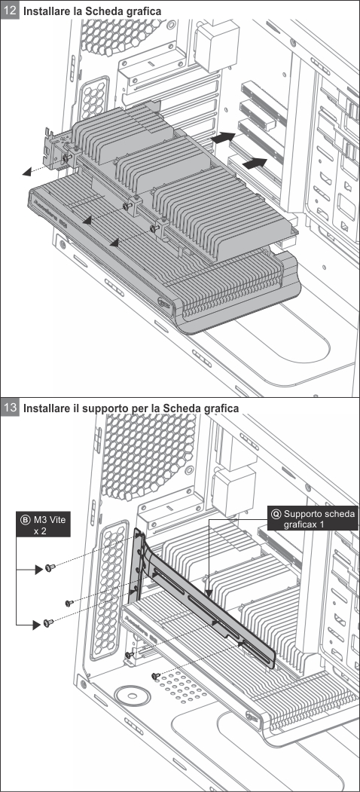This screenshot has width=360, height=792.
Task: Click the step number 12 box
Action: (x=10, y=10)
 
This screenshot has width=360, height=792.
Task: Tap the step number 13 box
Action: (x=10, y=407)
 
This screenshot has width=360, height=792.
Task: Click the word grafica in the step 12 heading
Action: (x=145, y=10)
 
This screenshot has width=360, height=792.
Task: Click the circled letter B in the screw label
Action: (x=26, y=518)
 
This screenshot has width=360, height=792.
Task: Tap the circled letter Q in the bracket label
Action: (x=276, y=514)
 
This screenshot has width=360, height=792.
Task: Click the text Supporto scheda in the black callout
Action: (x=319, y=514)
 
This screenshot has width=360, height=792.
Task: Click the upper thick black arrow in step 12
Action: (x=223, y=137)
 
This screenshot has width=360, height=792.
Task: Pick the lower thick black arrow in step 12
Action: (x=255, y=164)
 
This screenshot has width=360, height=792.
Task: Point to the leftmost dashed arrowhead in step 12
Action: (x=26, y=173)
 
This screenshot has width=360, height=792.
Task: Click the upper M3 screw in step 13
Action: (x=49, y=567)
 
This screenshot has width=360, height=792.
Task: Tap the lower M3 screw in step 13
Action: (x=48, y=622)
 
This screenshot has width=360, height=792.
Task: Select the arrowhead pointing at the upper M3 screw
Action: (x=38, y=570)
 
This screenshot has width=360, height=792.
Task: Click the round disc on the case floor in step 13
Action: (x=133, y=696)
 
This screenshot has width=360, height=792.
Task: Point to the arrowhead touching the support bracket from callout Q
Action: (x=208, y=589)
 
